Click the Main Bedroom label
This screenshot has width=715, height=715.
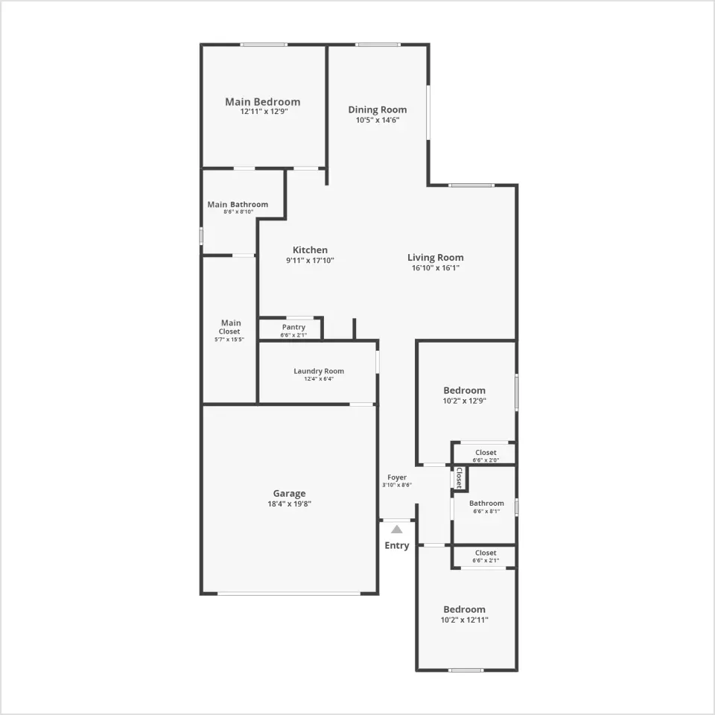(263, 102)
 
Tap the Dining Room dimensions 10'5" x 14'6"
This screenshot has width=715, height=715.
(378, 120)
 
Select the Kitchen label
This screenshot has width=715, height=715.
(310, 250)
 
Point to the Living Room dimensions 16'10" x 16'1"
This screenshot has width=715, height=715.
(436, 267)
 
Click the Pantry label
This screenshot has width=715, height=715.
(293, 327)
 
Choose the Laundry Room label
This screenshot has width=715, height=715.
(319, 371)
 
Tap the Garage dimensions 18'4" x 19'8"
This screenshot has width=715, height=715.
(290, 504)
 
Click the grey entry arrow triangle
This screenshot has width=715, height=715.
(397, 530)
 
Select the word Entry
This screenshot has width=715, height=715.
(397, 545)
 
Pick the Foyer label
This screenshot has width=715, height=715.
(397, 477)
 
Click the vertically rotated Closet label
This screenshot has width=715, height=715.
(460, 477)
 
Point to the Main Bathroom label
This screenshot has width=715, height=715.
(238, 204)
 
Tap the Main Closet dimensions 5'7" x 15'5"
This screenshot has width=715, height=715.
(229, 340)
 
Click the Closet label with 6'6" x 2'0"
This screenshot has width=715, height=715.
(486, 452)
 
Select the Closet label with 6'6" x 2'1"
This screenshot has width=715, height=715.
(486, 553)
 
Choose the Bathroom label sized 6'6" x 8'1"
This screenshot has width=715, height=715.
(486, 503)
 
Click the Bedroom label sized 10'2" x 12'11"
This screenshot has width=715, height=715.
(464, 609)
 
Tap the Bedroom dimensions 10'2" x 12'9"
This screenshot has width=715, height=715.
(465, 401)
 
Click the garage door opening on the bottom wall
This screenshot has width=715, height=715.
(289, 594)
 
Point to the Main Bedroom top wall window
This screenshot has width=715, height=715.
(264, 45)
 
